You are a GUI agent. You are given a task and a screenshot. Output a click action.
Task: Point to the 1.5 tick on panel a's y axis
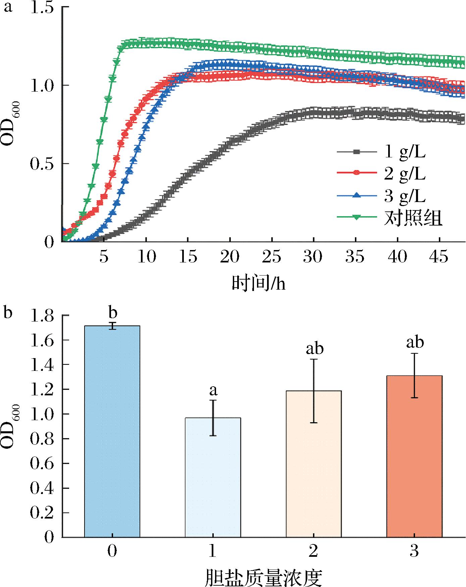(42, 7)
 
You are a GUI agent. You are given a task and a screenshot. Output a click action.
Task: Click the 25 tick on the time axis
(272, 257)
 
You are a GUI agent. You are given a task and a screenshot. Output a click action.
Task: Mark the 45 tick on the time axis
(439, 257)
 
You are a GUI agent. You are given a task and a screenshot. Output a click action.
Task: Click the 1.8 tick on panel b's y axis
(42, 316)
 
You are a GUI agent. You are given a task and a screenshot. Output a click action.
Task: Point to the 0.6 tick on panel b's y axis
(42, 464)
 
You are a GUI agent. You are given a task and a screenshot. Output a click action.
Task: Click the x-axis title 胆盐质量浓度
(263, 577)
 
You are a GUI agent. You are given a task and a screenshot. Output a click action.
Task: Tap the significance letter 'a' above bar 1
(213, 390)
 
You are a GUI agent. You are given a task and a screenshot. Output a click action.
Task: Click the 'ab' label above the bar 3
(415, 342)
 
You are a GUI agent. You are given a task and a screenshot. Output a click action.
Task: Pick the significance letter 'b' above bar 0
(112, 313)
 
